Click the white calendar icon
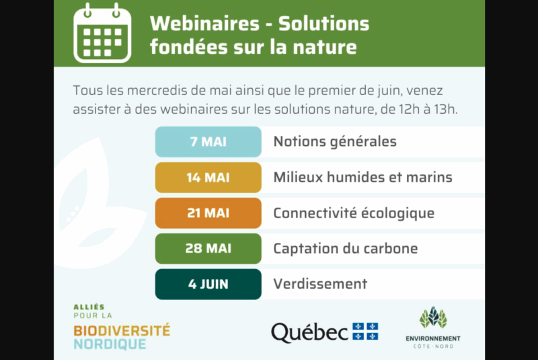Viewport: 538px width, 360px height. click(x=102, y=33)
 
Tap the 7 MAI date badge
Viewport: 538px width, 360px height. click(x=208, y=142)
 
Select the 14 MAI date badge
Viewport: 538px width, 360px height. click(x=208, y=178)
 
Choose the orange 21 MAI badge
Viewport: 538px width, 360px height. click(x=208, y=213)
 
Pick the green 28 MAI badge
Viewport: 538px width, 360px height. click(x=208, y=248)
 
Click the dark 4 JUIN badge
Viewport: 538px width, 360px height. click(x=208, y=284)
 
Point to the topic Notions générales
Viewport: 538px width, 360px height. click(x=335, y=141)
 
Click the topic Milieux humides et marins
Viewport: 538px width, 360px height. click(x=362, y=177)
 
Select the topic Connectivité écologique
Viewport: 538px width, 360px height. click(x=354, y=213)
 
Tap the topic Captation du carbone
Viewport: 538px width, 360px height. click(x=346, y=248)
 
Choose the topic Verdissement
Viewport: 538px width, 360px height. click(x=320, y=284)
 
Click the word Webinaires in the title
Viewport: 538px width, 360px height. click(x=204, y=24)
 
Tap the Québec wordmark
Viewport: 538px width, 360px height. click(x=309, y=332)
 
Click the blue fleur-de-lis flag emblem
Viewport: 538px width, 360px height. click(x=365, y=331)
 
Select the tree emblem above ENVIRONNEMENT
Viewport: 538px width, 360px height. click(x=433, y=317)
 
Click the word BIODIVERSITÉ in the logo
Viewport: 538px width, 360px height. click(x=122, y=331)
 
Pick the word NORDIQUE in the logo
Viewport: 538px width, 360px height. click(x=110, y=345)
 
